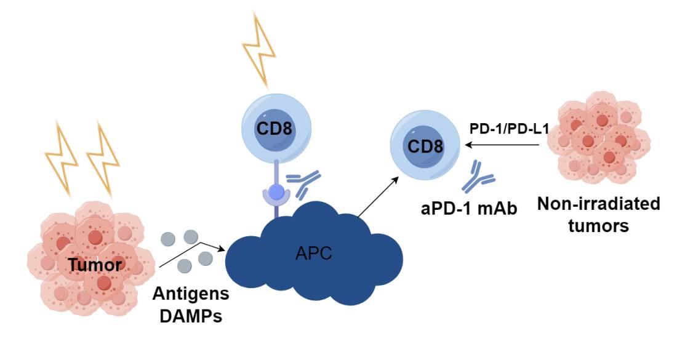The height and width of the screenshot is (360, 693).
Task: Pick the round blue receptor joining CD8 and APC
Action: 278,193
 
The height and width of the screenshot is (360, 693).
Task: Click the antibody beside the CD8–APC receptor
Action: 305,183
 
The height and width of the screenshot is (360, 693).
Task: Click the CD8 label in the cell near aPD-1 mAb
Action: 425,146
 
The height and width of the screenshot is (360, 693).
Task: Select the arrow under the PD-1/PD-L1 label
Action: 505,145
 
